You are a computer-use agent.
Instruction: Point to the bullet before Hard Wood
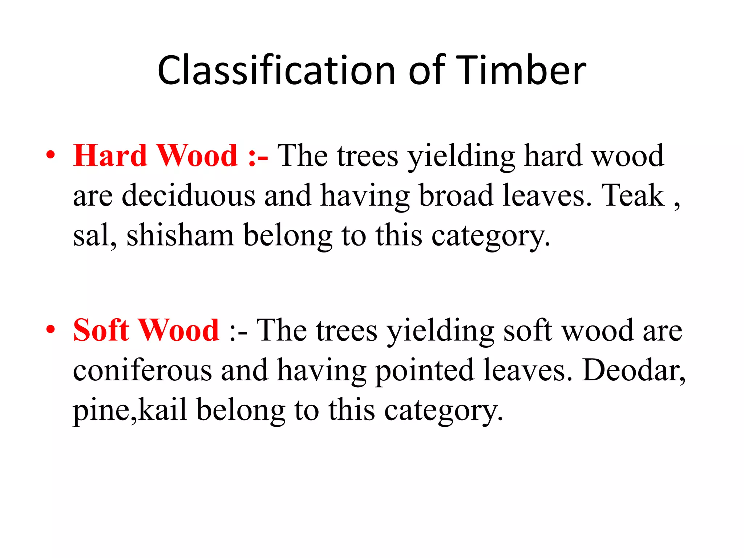point(51,155)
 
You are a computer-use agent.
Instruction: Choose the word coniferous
point(142,371)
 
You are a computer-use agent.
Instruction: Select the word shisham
point(180,235)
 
